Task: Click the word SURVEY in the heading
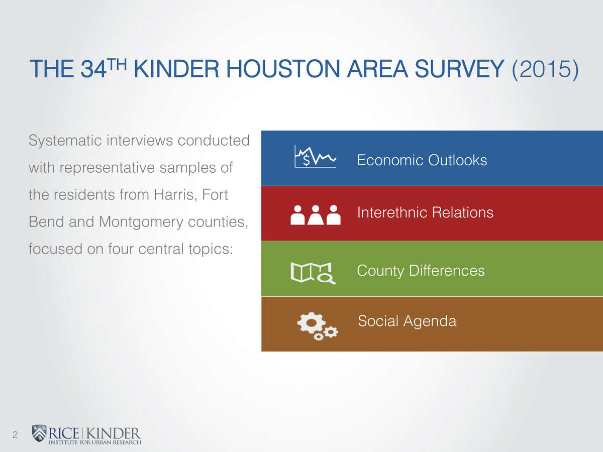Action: [x=459, y=69]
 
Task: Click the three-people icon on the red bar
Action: [x=316, y=215]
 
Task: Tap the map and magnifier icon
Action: [x=313, y=273]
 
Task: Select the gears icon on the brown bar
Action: [x=318, y=326]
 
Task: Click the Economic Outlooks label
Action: [x=422, y=160]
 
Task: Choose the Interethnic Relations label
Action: [x=425, y=212]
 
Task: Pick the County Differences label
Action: [x=421, y=271]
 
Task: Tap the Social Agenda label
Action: [x=407, y=321]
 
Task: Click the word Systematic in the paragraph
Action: [x=65, y=141]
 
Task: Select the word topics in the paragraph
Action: [x=211, y=249]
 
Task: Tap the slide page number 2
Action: [x=15, y=435]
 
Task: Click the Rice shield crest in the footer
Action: [x=39, y=433]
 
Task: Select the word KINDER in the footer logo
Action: [x=113, y=433]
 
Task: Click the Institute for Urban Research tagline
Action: [x=95, y=442]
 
